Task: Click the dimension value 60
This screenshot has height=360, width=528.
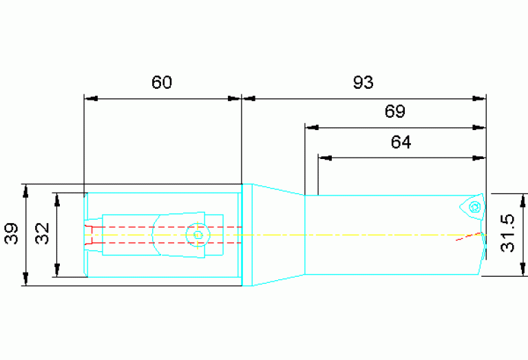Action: (x=162, y=82)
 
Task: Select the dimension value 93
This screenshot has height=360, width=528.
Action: (x=363, y=82)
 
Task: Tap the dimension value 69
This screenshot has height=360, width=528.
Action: (x=395, y=111)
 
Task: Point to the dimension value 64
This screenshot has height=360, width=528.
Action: (x=401, y=142)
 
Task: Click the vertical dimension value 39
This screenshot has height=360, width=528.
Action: (x=11, y=233)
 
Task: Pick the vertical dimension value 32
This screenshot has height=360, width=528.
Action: (x=43, y=233)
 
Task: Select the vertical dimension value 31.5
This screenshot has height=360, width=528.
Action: (x=508, y=233)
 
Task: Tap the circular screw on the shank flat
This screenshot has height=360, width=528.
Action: (x=198, y=235)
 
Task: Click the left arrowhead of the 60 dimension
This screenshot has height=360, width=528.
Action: (x=91, y=98)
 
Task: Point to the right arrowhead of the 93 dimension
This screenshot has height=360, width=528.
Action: (x=479, y=98)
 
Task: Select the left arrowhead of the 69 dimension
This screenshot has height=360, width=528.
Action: (x=312, y=128)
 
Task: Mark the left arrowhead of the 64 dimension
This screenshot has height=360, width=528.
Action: (x=325, y=158)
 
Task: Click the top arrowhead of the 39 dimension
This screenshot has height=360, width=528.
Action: (x=25, y=191)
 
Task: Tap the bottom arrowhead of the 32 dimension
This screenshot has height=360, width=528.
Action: (x=57, y=270)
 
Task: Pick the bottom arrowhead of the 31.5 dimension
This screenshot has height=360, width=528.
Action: (x=522, y=269)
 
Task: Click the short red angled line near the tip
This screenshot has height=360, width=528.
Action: (x=468, y=236)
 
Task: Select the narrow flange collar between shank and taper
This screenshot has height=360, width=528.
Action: (x=247, y=235)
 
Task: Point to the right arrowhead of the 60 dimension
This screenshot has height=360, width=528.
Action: (x=235, y=98)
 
